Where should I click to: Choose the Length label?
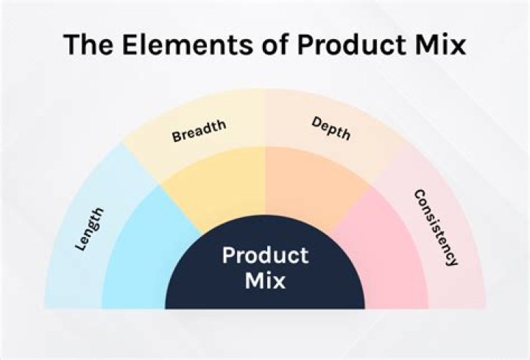coord(90,230)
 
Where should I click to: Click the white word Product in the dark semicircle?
coord(265,256)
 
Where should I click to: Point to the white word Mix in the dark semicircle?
coord(265,280)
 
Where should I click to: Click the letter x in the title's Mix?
coord(459,45)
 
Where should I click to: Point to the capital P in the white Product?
coord(229,256)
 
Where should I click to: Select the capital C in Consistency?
coord(419,195)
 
